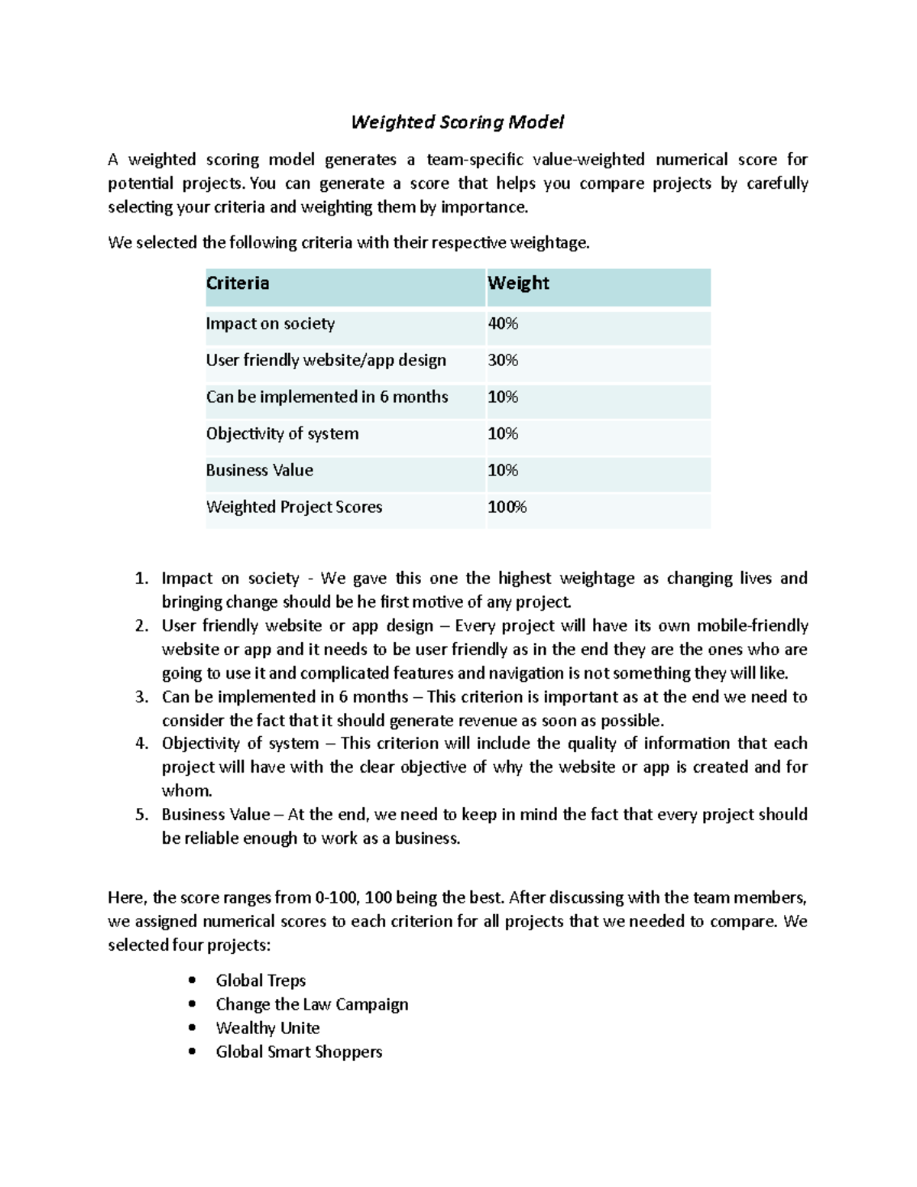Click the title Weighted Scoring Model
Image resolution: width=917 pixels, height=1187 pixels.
point(457,122)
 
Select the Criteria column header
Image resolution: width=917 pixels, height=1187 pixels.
point(238,284)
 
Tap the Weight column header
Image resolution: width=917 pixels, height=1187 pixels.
point(518,284)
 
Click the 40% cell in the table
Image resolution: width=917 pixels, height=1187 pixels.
point(503,324)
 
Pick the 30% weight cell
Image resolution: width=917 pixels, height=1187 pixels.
point(503,361)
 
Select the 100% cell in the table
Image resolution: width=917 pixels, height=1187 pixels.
point(507,508)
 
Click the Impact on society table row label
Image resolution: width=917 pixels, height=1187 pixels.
point(271,324)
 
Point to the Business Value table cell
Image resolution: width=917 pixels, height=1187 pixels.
point(260,471)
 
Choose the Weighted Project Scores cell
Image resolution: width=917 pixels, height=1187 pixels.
point(294,508)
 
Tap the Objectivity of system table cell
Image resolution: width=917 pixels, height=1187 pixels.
point(282,434)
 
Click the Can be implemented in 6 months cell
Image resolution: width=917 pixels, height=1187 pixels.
point(327,397)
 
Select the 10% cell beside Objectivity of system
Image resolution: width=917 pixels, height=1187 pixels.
point(503,434)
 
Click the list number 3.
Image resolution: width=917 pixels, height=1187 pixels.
point(141,697)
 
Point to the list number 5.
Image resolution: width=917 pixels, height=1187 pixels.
point(141,815)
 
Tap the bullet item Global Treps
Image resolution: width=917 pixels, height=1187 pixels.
point(261,981)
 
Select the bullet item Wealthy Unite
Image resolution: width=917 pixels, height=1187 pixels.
point(267,1028)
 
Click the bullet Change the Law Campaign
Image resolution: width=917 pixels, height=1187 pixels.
point(312,1004)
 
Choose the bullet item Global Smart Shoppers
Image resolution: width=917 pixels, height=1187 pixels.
point(299,1052)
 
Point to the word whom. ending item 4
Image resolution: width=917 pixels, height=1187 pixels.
point(186,791)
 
